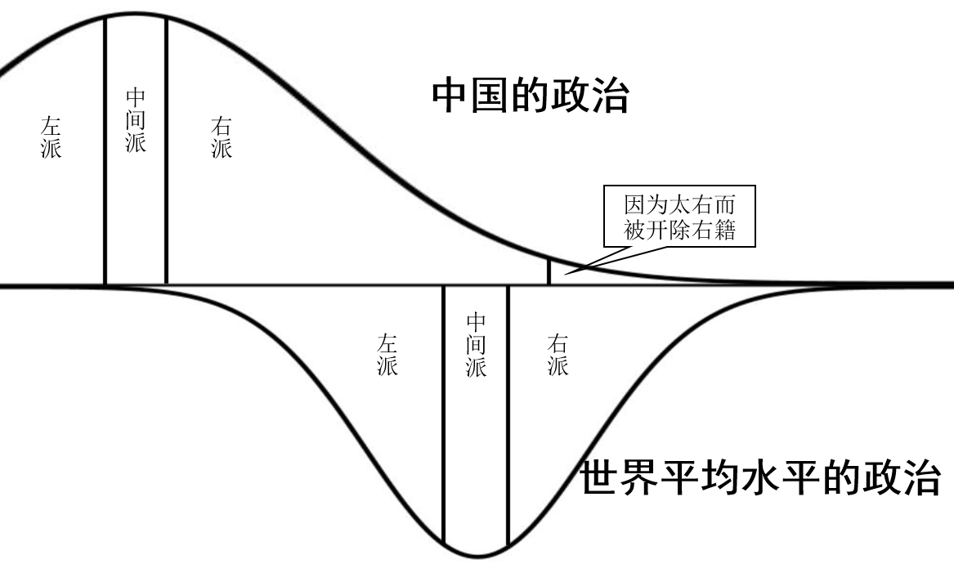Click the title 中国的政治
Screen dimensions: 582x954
[530, 96]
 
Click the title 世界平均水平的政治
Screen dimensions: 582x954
[760, 478]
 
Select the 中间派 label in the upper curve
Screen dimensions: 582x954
[136, 120]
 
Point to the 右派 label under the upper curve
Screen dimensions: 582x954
[221, 137]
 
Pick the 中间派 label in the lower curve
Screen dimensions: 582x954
[476, 344]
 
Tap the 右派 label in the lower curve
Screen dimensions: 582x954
[558, 355]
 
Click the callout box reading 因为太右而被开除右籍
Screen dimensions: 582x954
[679, 217]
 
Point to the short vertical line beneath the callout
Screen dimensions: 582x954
[549, 271]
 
